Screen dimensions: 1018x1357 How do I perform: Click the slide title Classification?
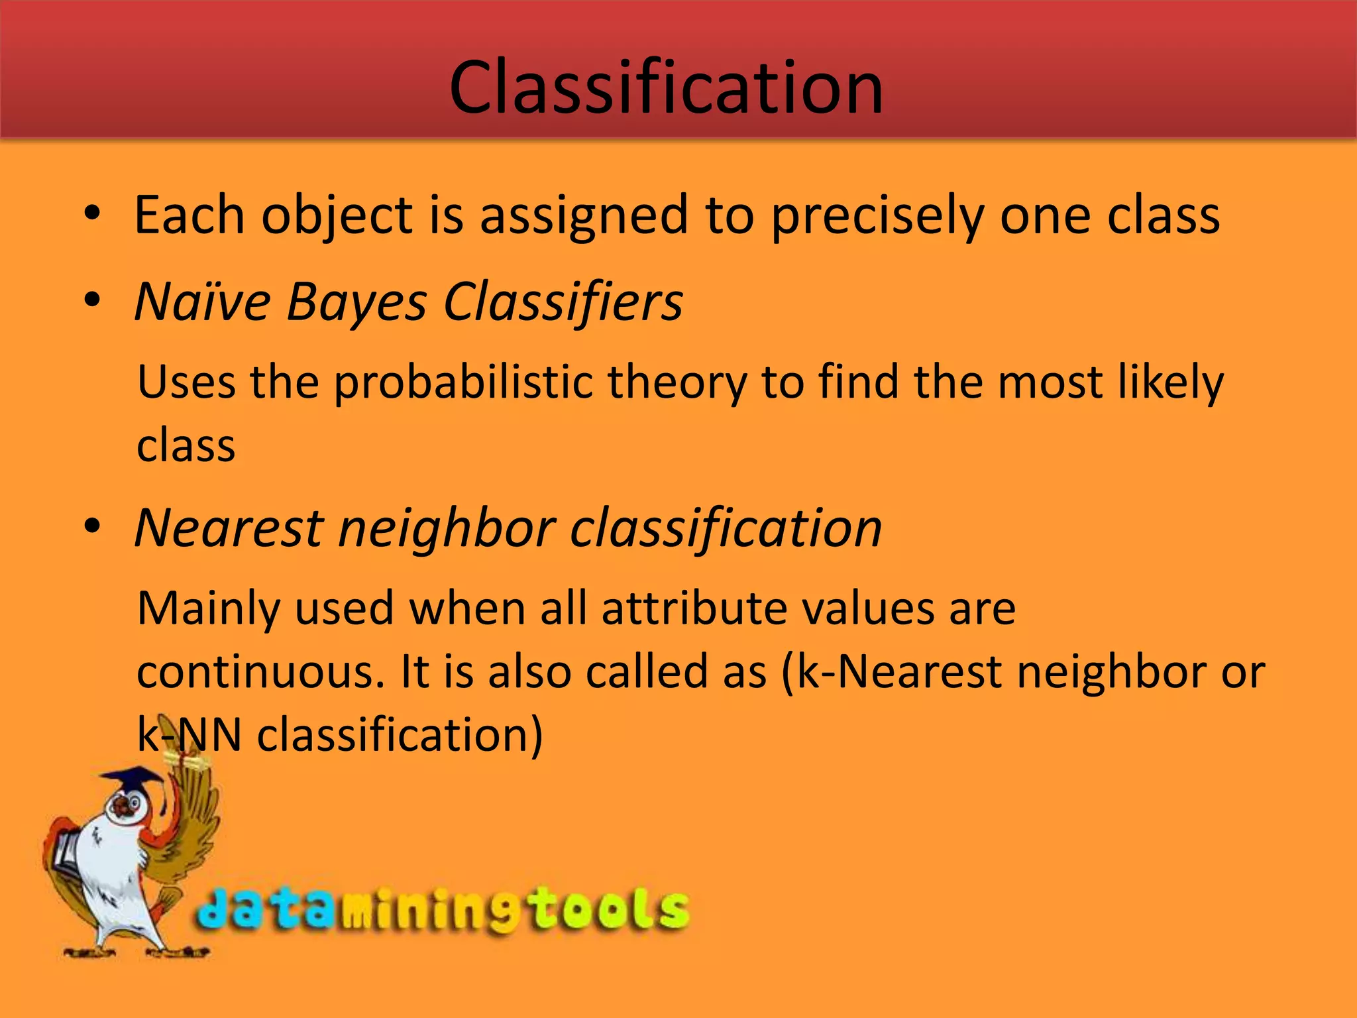pyautogui.click(x=666, y=87)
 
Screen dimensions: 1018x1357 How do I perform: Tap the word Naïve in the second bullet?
pyautogui.click(x=203, y=302)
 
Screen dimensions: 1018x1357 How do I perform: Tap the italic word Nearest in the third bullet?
pyautogui.click(x=229, y=528)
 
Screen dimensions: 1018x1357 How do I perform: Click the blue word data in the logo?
pyautogui.click(x=265, y=909)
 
